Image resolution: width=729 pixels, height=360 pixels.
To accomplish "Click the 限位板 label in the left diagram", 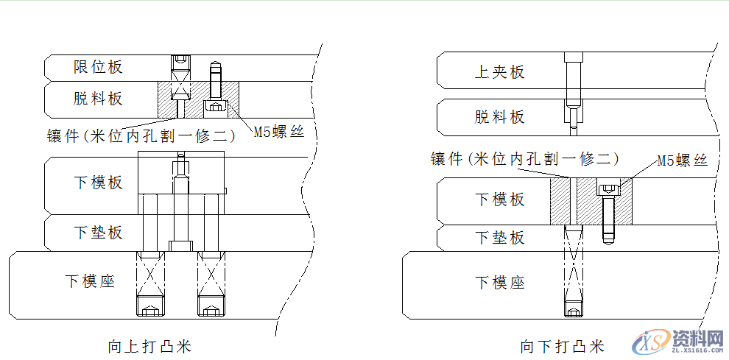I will point(98,67).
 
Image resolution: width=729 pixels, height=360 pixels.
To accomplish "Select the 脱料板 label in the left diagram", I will point(98,99).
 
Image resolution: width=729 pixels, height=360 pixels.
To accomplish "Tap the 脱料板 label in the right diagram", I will point(499,116).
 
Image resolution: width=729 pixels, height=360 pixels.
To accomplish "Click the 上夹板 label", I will point(499,72).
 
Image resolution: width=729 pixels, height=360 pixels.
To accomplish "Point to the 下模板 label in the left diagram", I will point(98,183).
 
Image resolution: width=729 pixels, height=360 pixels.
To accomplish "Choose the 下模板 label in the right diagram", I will point(499,200).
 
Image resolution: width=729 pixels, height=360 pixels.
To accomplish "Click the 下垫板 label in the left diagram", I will point(98,233).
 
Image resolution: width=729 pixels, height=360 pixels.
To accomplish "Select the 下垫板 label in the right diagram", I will point(499,238).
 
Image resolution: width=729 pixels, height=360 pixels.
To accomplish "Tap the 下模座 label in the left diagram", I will point(90,281).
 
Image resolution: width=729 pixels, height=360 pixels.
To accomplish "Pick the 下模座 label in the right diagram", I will point(499,283).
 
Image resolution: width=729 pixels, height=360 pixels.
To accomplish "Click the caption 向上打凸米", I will point(149,346).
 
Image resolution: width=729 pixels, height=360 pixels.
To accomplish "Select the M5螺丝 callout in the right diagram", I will point(682,159).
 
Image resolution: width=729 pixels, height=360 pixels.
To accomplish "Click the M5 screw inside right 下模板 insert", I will point(607,213).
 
